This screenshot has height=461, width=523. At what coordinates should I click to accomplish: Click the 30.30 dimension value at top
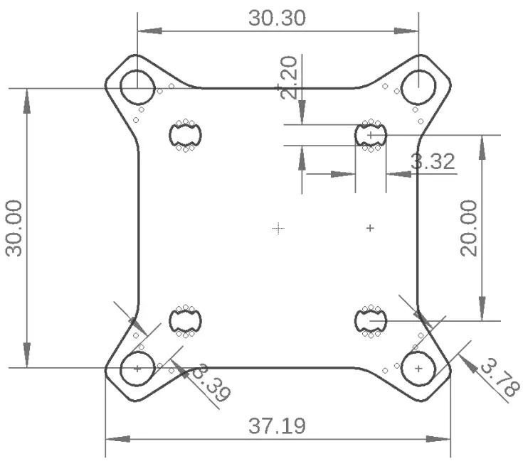[x=278, y=18]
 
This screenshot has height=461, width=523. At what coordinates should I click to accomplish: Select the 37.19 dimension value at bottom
[x=278, y=426]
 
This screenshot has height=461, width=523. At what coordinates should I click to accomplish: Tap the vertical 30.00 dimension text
[x=15, y=228]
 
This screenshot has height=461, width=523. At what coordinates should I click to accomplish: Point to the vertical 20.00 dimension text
[x=469, y=228]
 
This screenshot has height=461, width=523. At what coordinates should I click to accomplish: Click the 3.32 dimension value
[x=433, y=161]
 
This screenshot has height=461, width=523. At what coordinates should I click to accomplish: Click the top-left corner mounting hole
[x=137, y=87]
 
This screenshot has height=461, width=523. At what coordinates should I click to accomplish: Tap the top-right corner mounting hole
[x=418, y=87]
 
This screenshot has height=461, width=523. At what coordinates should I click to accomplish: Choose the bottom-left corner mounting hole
[x=137, y=369]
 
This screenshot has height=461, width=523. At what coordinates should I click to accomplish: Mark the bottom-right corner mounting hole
[x=418, y=369]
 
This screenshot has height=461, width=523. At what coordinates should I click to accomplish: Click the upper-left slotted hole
[x=186, y=134]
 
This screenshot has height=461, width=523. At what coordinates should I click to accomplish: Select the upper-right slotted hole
[x=370, y=134]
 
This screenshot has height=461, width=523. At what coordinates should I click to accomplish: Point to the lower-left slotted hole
[x=186, y=322]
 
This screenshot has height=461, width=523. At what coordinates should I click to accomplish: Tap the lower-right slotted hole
[x=370, y=322]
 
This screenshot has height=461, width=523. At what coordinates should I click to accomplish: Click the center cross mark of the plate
[x=278, y=227]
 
